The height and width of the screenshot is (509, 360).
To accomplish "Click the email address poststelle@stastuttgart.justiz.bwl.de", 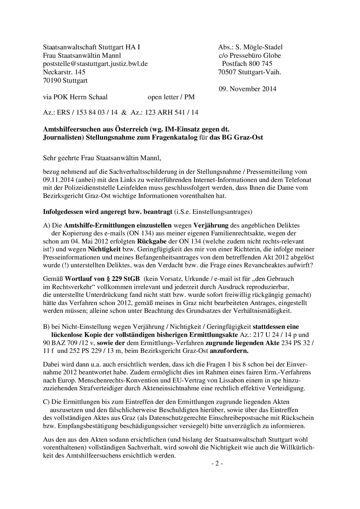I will coord(95,64).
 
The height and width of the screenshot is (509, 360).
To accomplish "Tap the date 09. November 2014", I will coord(247,89).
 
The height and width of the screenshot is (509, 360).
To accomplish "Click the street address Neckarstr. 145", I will coord(64,72).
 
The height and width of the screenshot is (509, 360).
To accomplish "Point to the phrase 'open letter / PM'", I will coord(171,97).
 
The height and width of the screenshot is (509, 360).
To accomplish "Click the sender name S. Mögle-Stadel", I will coord(259,47).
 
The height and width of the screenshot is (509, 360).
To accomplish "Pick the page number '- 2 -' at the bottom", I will coord(217,463).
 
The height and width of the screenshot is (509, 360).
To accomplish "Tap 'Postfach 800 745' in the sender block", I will coord(247,64).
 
